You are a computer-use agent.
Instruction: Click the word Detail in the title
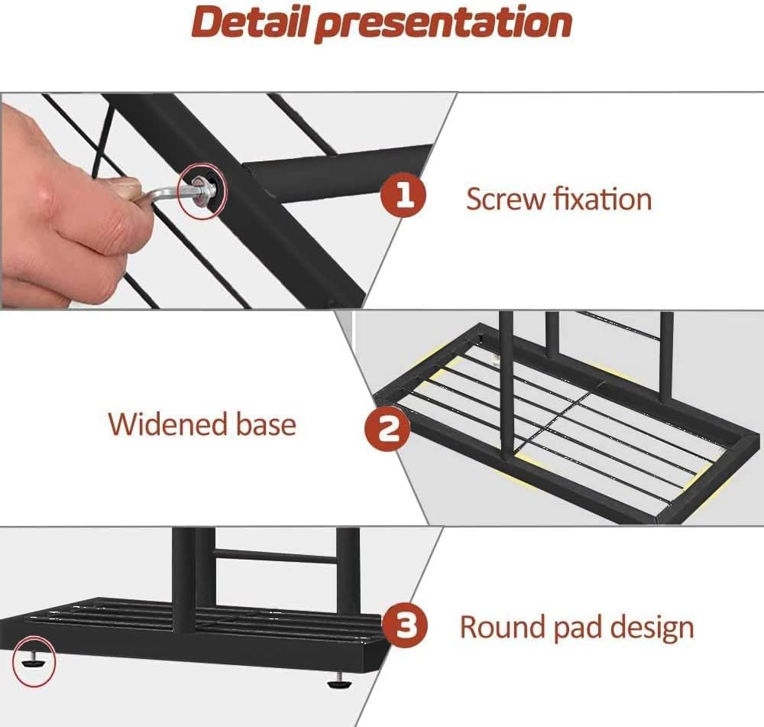point(252,21)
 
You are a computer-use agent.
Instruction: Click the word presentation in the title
point(443,24)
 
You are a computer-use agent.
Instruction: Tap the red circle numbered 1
point(403,195)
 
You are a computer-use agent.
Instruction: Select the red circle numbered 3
point(404,625)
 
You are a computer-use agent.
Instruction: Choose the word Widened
point(168,424)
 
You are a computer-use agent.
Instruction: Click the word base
point(267,424)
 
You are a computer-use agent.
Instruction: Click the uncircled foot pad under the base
point(338,681)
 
